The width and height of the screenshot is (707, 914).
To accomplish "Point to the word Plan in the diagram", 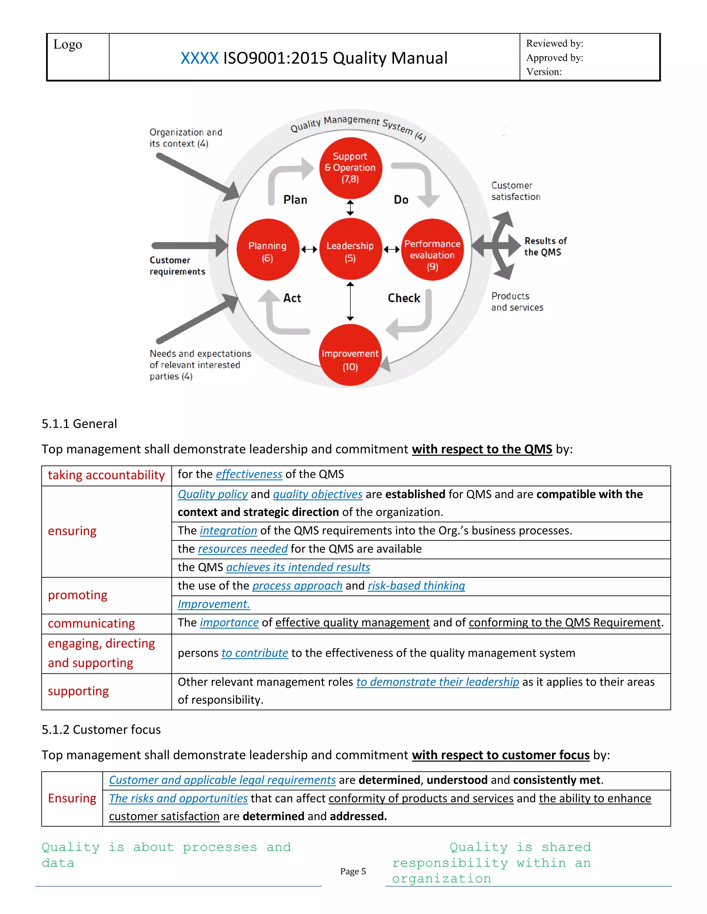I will click(x=295, y=200).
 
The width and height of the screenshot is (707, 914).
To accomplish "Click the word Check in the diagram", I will click(x=404, y=298).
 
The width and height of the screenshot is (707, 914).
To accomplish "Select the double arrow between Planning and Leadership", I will click(x=309, y=250).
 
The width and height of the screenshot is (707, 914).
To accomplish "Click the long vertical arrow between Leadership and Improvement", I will click(x=350, y=301).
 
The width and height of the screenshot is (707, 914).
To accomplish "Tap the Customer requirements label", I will click(x=177, y=266).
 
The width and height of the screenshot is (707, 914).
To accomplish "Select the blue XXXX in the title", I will click(x=200, y=58).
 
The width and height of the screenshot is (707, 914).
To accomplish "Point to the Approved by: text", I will click(x=554, y=58).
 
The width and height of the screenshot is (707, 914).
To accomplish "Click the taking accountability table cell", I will click(x=106, y=475).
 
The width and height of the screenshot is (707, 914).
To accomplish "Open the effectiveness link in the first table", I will click(x=249, y=474).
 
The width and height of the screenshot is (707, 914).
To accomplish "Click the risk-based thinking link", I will click(x=416, y=586).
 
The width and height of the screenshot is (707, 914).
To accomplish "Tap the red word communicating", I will click(x=91, y=624).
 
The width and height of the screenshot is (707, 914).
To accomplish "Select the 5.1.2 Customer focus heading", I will click(x=101, y=730).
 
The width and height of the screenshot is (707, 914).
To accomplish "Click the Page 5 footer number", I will click(x=353, y=871).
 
